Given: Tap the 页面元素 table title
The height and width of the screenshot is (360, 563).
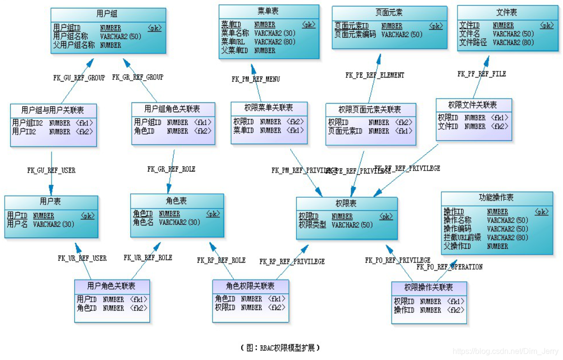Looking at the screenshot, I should [x=389, y=12].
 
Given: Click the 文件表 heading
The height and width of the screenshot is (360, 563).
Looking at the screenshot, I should [x=506, y=12].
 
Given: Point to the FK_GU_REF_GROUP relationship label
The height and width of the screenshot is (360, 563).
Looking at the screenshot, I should [x=79, y=77].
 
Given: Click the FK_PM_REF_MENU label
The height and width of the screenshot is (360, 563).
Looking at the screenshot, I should [x=256, y=79].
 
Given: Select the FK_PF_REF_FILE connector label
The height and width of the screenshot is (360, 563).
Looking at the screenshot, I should [x=481, y=74].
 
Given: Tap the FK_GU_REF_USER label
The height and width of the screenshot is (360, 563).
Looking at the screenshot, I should [x=51, y=171].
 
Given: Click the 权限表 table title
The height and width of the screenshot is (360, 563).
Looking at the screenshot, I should [x=346, y=203].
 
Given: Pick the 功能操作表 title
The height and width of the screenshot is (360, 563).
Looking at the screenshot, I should [x=496, y=198].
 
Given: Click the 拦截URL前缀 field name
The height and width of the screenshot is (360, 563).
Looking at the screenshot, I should [x=462, y=238].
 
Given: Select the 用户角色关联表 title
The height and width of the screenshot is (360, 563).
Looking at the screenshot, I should [x=111, y=286].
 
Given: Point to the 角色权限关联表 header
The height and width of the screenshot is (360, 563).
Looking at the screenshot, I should [x=250, y=286].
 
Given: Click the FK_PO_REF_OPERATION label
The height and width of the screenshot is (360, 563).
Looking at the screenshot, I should [x=449, y=267].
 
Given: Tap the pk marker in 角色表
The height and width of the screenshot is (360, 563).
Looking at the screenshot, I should [x=213, y=214].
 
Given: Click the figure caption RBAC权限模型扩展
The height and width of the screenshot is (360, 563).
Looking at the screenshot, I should [x=281, y=348].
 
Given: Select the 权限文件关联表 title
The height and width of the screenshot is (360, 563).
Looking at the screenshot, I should [x=473, y=105].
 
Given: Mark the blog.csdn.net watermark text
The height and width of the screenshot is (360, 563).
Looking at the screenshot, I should [x=505, y=351].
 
